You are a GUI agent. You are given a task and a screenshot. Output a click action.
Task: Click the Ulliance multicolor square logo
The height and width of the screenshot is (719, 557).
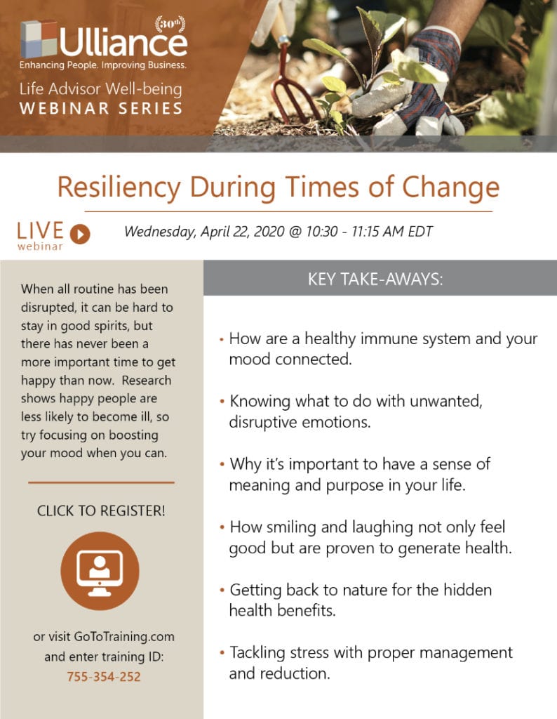point(39,39)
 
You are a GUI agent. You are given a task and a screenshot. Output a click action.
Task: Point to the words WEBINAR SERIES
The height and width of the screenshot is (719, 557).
point(101,109)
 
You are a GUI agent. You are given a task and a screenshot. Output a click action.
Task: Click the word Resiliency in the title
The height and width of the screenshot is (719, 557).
point(119,188)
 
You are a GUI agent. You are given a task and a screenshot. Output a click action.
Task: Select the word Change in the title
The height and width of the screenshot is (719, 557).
point(451,188)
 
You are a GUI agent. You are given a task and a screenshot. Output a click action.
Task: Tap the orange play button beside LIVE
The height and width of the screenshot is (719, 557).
point(80,235)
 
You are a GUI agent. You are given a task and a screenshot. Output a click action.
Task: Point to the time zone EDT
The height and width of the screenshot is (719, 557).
point(420,231)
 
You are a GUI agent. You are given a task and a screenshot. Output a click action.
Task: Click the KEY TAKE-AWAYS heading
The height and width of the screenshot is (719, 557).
point(375,279)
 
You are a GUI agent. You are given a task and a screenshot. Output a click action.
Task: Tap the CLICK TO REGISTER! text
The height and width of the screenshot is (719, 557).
point(101,511)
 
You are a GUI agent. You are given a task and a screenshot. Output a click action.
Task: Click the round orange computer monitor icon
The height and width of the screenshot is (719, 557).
point(100,571)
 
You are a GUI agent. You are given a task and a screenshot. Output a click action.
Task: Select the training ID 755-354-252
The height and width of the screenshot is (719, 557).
point(104,677)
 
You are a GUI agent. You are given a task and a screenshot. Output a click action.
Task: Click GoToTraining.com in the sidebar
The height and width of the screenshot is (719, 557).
point(124,637)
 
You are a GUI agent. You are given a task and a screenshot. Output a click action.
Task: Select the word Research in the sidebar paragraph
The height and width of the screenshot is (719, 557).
point(147,381)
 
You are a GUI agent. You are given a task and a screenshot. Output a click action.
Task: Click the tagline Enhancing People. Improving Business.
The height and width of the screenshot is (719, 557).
point(103,65)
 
